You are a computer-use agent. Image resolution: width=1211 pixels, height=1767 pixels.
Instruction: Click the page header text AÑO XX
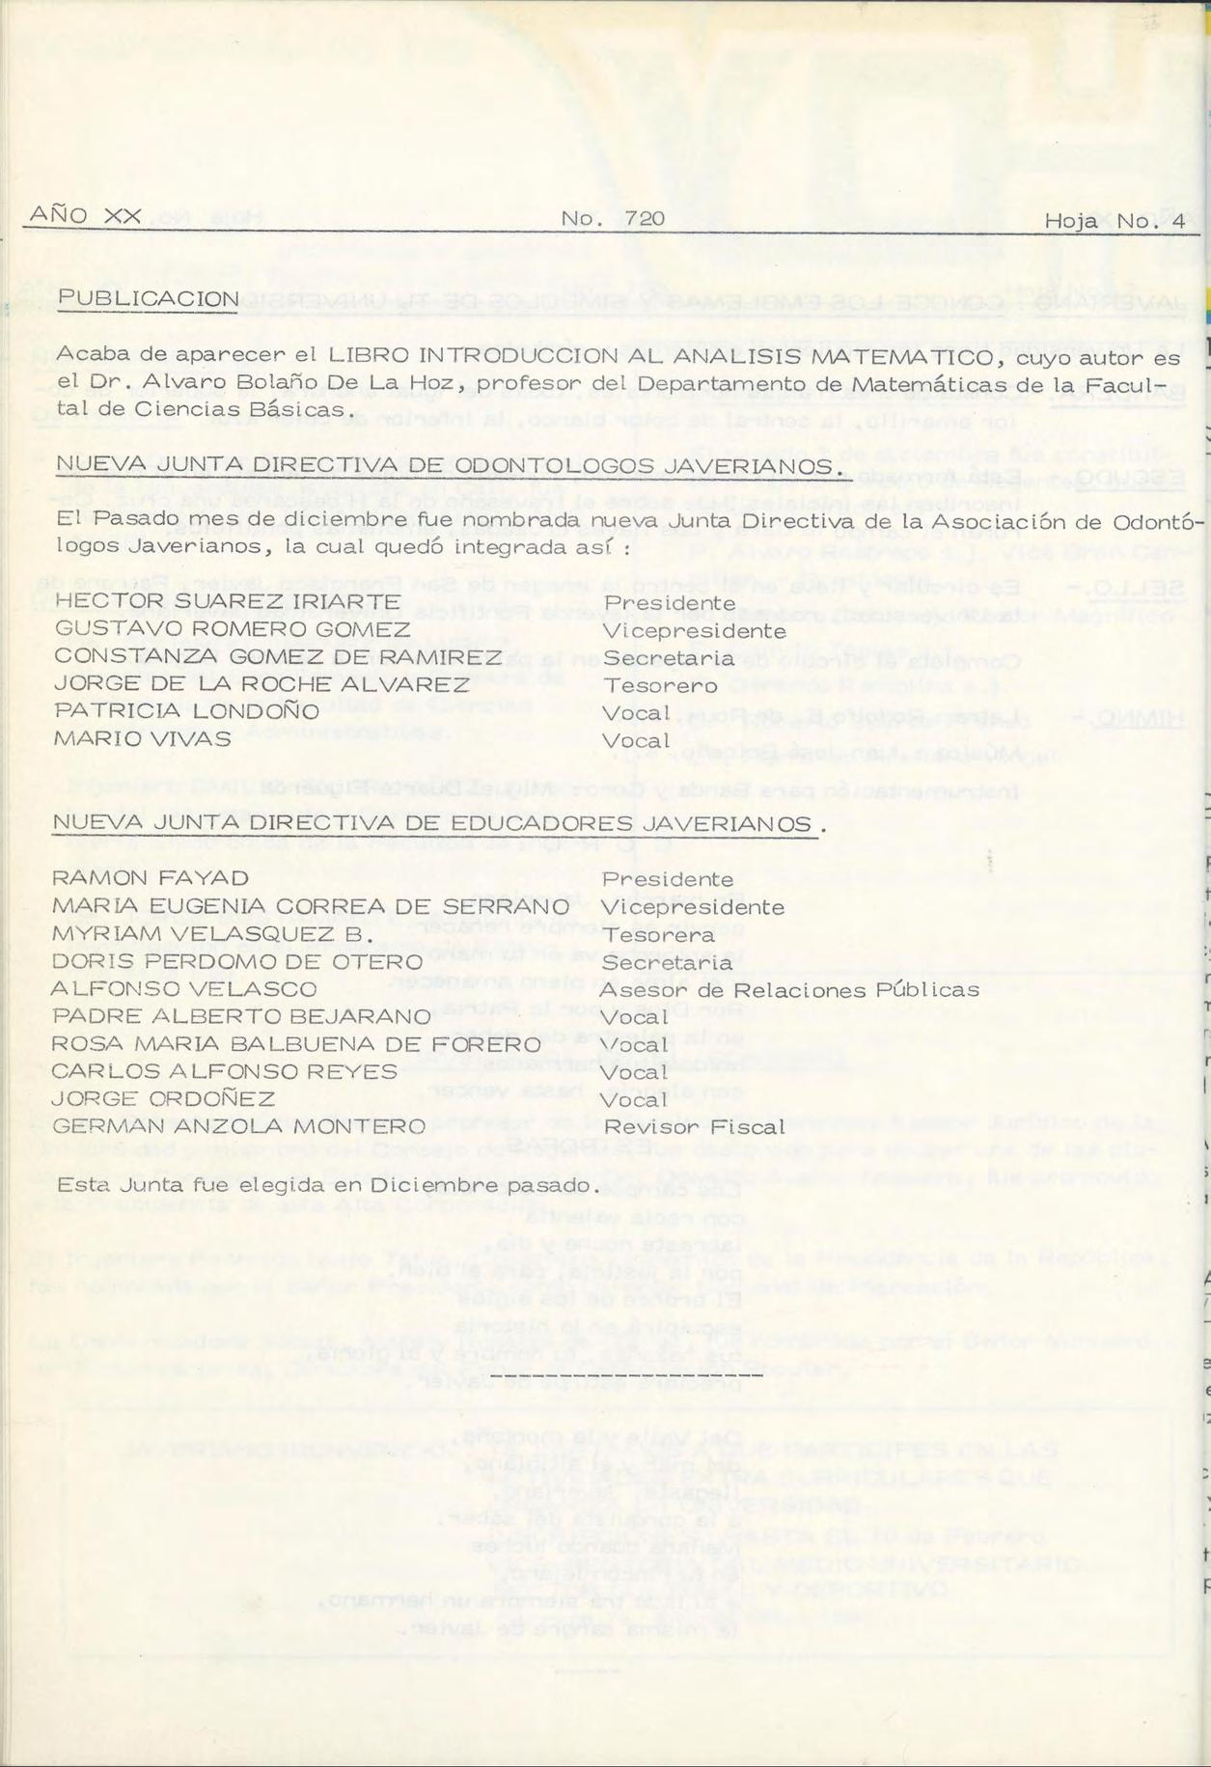tap(86, 216)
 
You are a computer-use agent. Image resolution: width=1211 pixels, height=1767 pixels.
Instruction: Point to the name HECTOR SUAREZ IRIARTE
tap(213, 602)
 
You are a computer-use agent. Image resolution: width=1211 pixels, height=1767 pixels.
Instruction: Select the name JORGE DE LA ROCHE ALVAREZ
tap(261, 684)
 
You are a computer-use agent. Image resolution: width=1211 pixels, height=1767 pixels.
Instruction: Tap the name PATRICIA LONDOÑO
tap(186, 711)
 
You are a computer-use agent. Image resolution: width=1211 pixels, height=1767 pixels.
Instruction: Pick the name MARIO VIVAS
tap(142, 739)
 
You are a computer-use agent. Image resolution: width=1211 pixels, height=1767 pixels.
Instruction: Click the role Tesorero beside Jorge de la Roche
tap(660, 685)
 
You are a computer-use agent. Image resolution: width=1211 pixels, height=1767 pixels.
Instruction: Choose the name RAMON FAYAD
tap(150, 878)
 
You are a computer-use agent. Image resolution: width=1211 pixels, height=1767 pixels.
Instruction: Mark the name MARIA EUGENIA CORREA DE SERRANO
tap(310, 906)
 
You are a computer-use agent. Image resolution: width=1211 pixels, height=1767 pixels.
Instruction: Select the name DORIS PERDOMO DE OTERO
tap(237, 962)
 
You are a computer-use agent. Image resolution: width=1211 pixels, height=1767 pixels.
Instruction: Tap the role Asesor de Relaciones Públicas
tap(789, 990)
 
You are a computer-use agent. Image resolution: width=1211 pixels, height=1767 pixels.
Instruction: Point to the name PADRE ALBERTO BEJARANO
tap(241, 1017)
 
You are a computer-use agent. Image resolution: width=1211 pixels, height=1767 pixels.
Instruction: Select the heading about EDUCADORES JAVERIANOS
tap(438, 823)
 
